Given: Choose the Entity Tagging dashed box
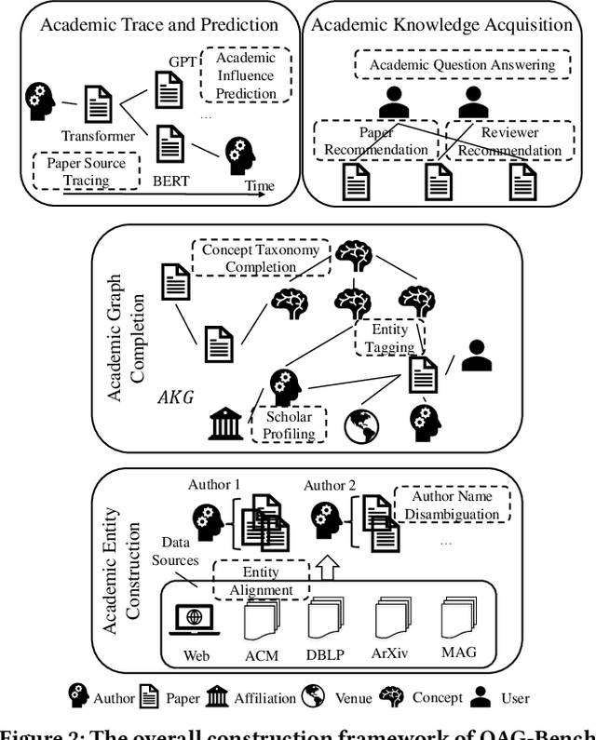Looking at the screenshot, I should (x=390, y=338).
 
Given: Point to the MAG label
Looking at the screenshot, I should (x=459, y=653).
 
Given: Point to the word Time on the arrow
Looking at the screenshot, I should (x=260, y=186).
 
